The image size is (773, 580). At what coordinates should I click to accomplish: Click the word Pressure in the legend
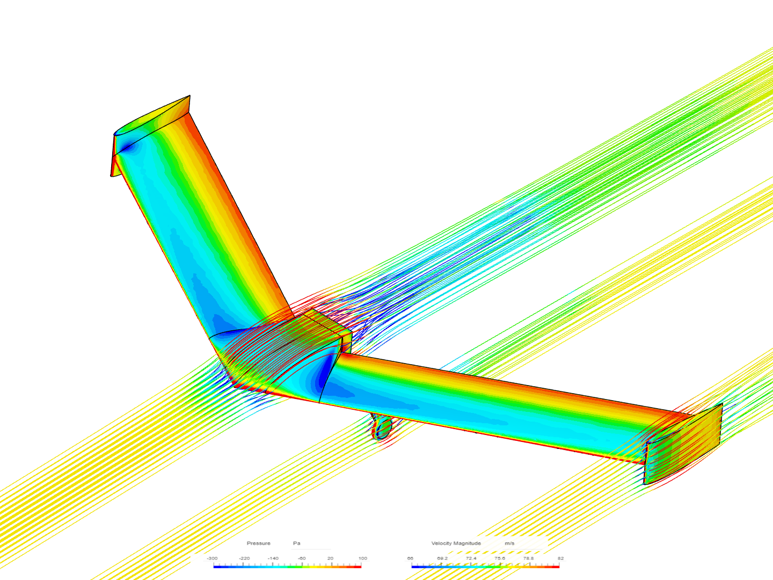click(258, 543)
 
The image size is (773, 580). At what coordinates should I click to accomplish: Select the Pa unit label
click(296, 543)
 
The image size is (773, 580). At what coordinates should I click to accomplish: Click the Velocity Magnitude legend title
click(456, 543)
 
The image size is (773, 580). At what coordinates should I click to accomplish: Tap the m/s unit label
click(509, 543)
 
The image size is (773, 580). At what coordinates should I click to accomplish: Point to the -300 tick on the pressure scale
click(213, 559)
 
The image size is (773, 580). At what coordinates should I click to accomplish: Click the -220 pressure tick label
click(244, 559)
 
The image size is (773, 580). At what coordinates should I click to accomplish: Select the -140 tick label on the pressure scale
click(273, 559)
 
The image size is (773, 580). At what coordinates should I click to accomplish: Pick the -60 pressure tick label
click(302, 559)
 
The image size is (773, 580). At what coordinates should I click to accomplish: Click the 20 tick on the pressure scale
click(330, 559)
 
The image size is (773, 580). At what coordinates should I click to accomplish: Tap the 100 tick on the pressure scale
click(363, 559)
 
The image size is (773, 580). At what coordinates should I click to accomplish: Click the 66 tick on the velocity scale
click(410, 559)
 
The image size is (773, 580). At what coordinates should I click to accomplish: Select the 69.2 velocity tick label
click(442, 559)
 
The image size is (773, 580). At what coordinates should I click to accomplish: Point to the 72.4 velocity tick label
click(471, 559)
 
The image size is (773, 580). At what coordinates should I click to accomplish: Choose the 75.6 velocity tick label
click(500, 559)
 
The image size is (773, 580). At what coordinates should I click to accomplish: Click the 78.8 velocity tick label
click(529, 559)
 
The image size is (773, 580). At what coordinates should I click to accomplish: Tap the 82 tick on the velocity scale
click(560, 559)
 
